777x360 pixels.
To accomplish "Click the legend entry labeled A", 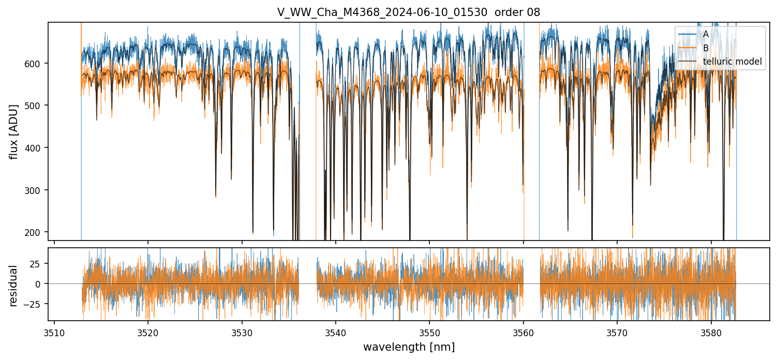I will click(x=706, y=34).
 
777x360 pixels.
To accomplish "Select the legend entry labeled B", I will click(x=706, y=48).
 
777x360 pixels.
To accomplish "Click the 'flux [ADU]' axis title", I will click(x=14, y=131).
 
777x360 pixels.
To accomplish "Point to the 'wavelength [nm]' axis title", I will click(x=409, y=347).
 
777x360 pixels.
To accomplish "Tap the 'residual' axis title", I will click(x=14, y=286).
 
